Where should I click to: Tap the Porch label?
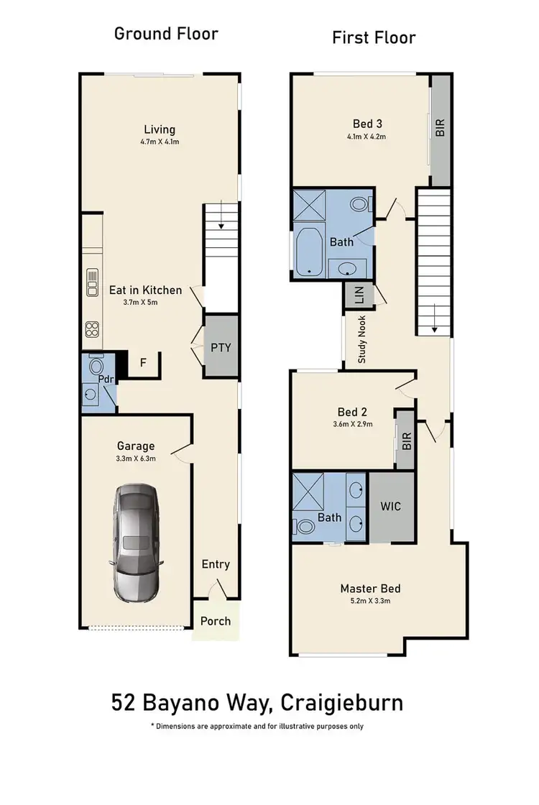(216, 620)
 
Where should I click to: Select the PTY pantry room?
(221, 347)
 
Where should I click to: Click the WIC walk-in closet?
(390, 506)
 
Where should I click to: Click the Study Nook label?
(361, 339)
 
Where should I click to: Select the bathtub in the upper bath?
(309, 251)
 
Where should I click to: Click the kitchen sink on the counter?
(93, 282)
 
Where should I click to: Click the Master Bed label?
(370, 589)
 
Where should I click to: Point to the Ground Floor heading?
(166, 34)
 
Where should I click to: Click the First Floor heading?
(374, 37)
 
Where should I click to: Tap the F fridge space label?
(142, 363)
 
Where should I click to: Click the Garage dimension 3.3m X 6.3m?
(136, 459)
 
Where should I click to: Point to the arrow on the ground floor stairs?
(221, 225)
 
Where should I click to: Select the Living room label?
(160, 129)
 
